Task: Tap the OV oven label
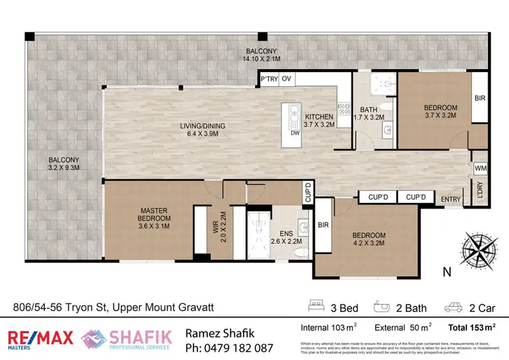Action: click(x=286, y=79)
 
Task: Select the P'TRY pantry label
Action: click(x=269, y=79)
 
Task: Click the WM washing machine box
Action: click(x=480, y=167)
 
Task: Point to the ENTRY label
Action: click(x=451, y=200)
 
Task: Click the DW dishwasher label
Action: click(x=295, y=133)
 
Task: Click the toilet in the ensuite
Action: click(x=301, y=251)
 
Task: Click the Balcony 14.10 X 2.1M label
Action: click(x=260, y=55)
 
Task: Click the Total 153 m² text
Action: click(x=472, y=327)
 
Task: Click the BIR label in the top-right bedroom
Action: click(x=478, y=98)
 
